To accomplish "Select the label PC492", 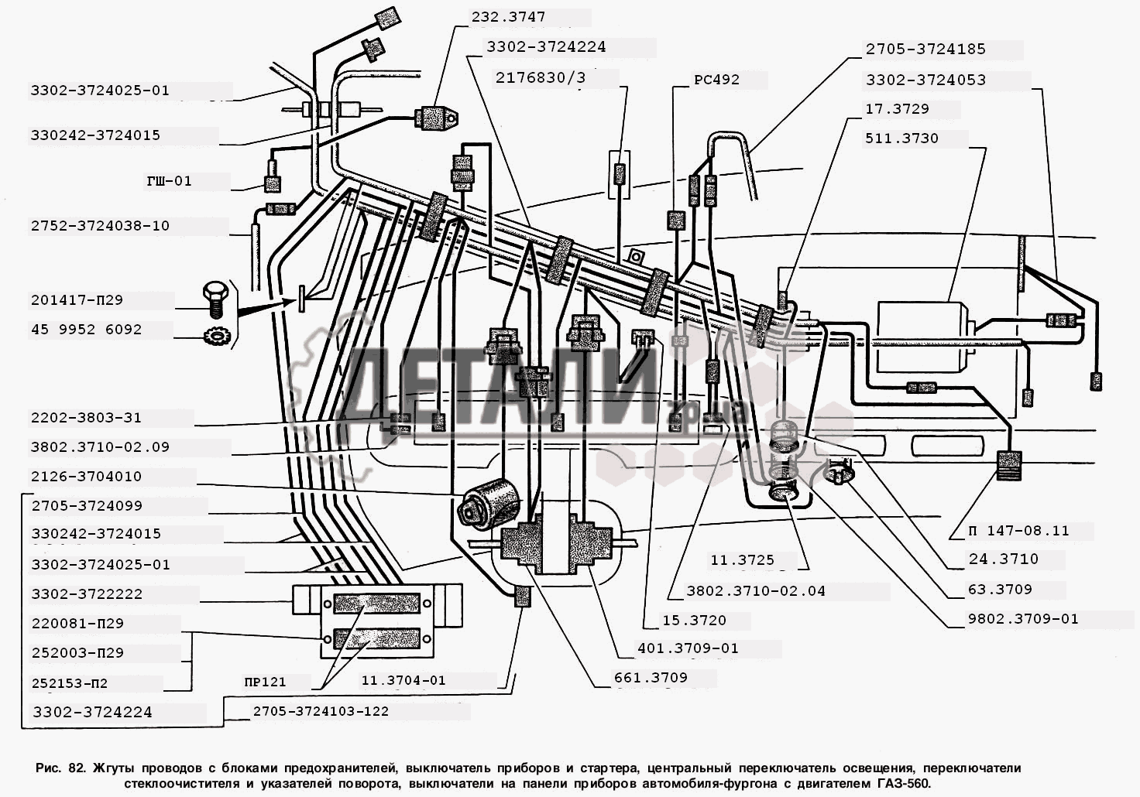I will (716, 79).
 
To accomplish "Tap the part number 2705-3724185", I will (925, 49).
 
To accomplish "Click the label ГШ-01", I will (169, 181).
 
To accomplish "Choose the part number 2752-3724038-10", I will (100, 226).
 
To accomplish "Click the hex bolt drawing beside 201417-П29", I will (213, 298).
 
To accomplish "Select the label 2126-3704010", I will (86, 477).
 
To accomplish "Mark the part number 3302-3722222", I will (87, 594).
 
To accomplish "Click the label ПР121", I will (264, 682).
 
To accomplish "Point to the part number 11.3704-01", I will (403, 680).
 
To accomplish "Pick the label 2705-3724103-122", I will (321, 711).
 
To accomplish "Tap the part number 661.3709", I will (650, 678).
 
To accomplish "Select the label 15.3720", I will (694, 621).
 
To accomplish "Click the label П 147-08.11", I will (1018, 531).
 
